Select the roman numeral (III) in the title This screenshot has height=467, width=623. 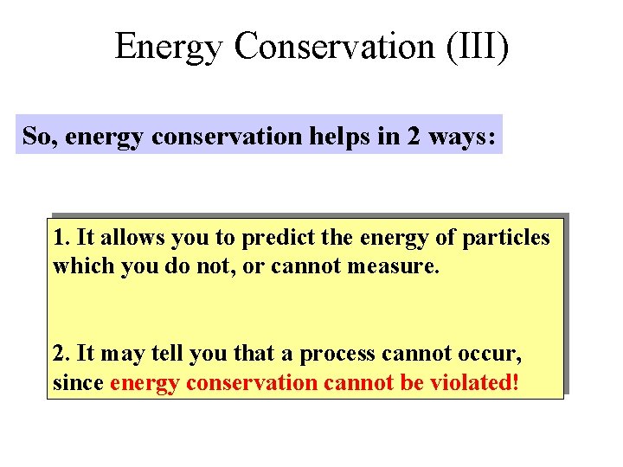coord(478,46)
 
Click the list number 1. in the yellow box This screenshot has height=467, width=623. coord(60,237)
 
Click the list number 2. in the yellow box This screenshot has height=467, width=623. coord(61,353)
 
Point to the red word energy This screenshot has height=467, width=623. coord(144,382)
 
